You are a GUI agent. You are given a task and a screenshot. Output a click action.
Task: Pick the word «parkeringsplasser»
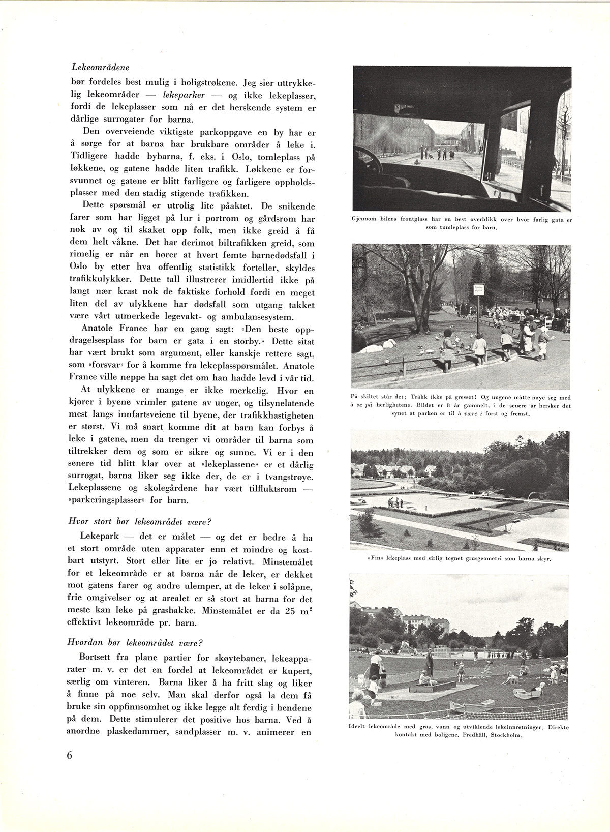click(115, 500)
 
